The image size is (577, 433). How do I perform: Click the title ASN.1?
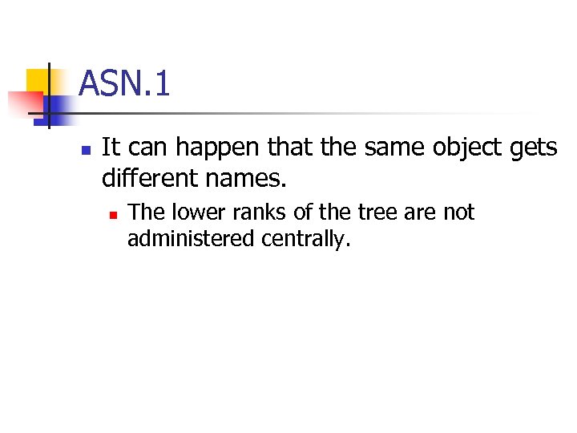coord(125,83)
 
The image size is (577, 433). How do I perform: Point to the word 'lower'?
coord(195,212)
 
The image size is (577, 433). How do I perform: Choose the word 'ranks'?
coord(253,212)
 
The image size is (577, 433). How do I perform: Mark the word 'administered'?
coord(187,239)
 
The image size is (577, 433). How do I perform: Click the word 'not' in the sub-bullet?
coord(459,212)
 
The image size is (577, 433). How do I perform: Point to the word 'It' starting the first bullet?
coord(111,148)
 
